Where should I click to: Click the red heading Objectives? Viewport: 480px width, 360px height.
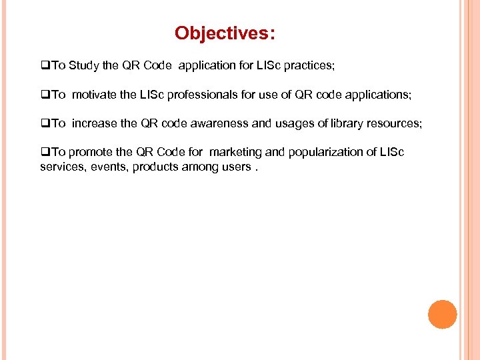pos(225,33)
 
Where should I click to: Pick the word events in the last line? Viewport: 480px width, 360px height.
pos(108,166)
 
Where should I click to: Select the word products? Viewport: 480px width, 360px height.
pos(153,166)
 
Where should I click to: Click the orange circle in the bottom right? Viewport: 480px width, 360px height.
pos(442,314)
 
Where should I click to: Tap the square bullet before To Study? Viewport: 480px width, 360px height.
pos(45,67)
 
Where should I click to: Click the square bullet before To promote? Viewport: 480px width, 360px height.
pos(45,153)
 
